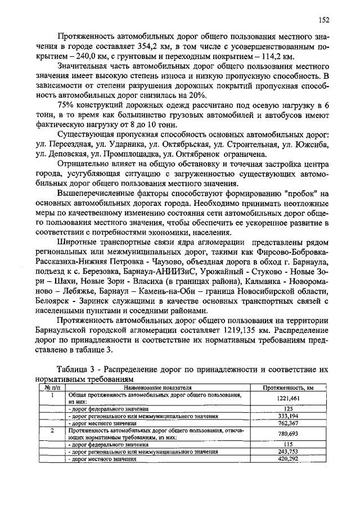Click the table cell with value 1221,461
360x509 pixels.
pyautogui.click(x=288, y=398)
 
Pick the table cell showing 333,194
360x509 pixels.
pyautogui.click(x=288, y=416)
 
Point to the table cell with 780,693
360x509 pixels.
pyautogui.click(x=288, y=434)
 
